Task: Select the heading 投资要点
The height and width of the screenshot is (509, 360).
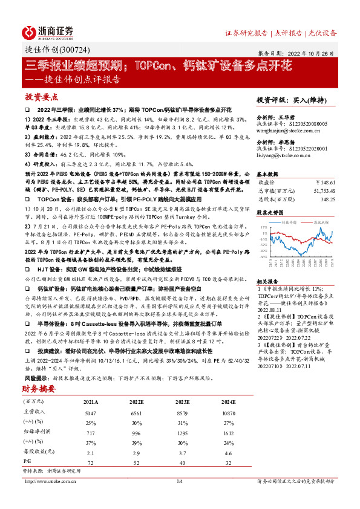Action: click(x=41, y=97)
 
